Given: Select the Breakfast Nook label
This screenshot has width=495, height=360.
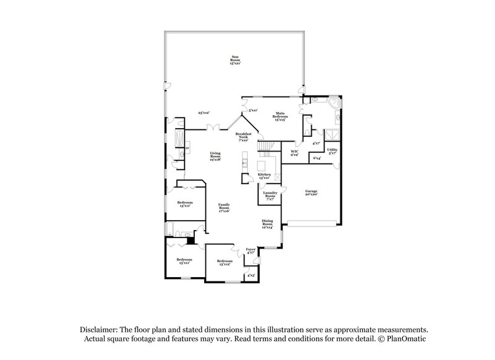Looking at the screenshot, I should tap(251, 137).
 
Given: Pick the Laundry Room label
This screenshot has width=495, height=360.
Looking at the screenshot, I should tap(270, 195).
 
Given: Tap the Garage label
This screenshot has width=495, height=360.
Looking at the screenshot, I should tap(311, 193).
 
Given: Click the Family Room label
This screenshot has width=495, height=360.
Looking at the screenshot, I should tap(223, 209).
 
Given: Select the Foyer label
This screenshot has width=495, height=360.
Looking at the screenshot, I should tap(251, 251).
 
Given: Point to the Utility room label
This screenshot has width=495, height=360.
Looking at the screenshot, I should tap(332, 151).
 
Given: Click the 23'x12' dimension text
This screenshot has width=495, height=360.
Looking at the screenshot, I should tap(204, 113).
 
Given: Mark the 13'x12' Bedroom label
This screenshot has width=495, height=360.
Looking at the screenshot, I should tap(224, 263).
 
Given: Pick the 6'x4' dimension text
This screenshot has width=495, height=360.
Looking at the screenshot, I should tap(317, 158).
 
